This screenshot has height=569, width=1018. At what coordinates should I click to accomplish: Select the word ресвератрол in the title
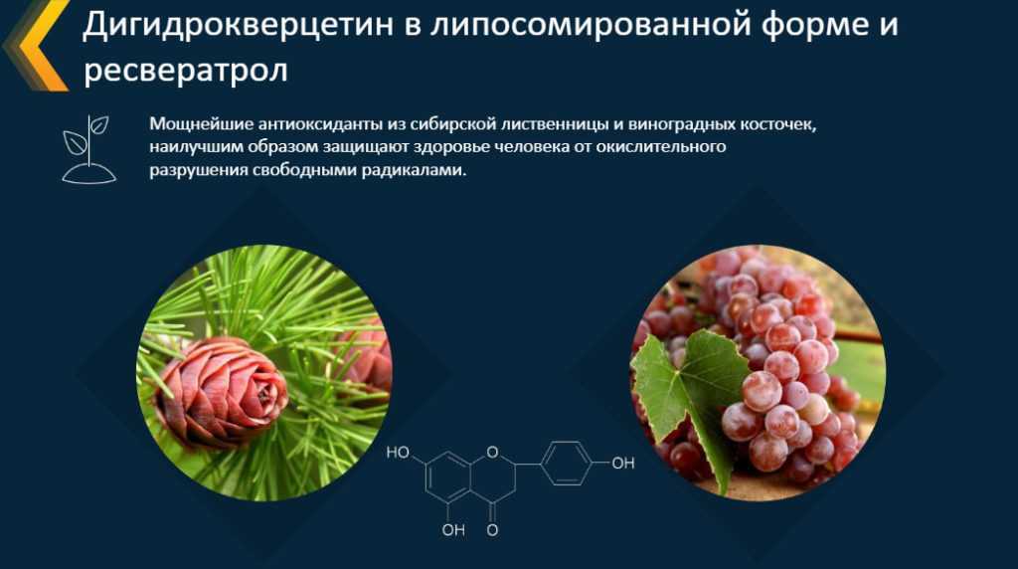[186, 71]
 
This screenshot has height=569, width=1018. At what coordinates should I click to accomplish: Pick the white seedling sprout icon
[88, 149]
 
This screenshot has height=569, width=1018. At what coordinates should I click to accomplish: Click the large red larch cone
[221, 392]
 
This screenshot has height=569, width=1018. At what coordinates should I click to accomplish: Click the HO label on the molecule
[398, 453]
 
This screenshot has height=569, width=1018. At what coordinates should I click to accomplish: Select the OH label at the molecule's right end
[623, 464]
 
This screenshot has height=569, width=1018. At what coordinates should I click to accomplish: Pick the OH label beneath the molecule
[453, 530]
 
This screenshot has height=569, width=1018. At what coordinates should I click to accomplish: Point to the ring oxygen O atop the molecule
[492, 452]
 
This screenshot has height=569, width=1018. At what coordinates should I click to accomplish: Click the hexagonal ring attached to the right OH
[566, 464]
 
